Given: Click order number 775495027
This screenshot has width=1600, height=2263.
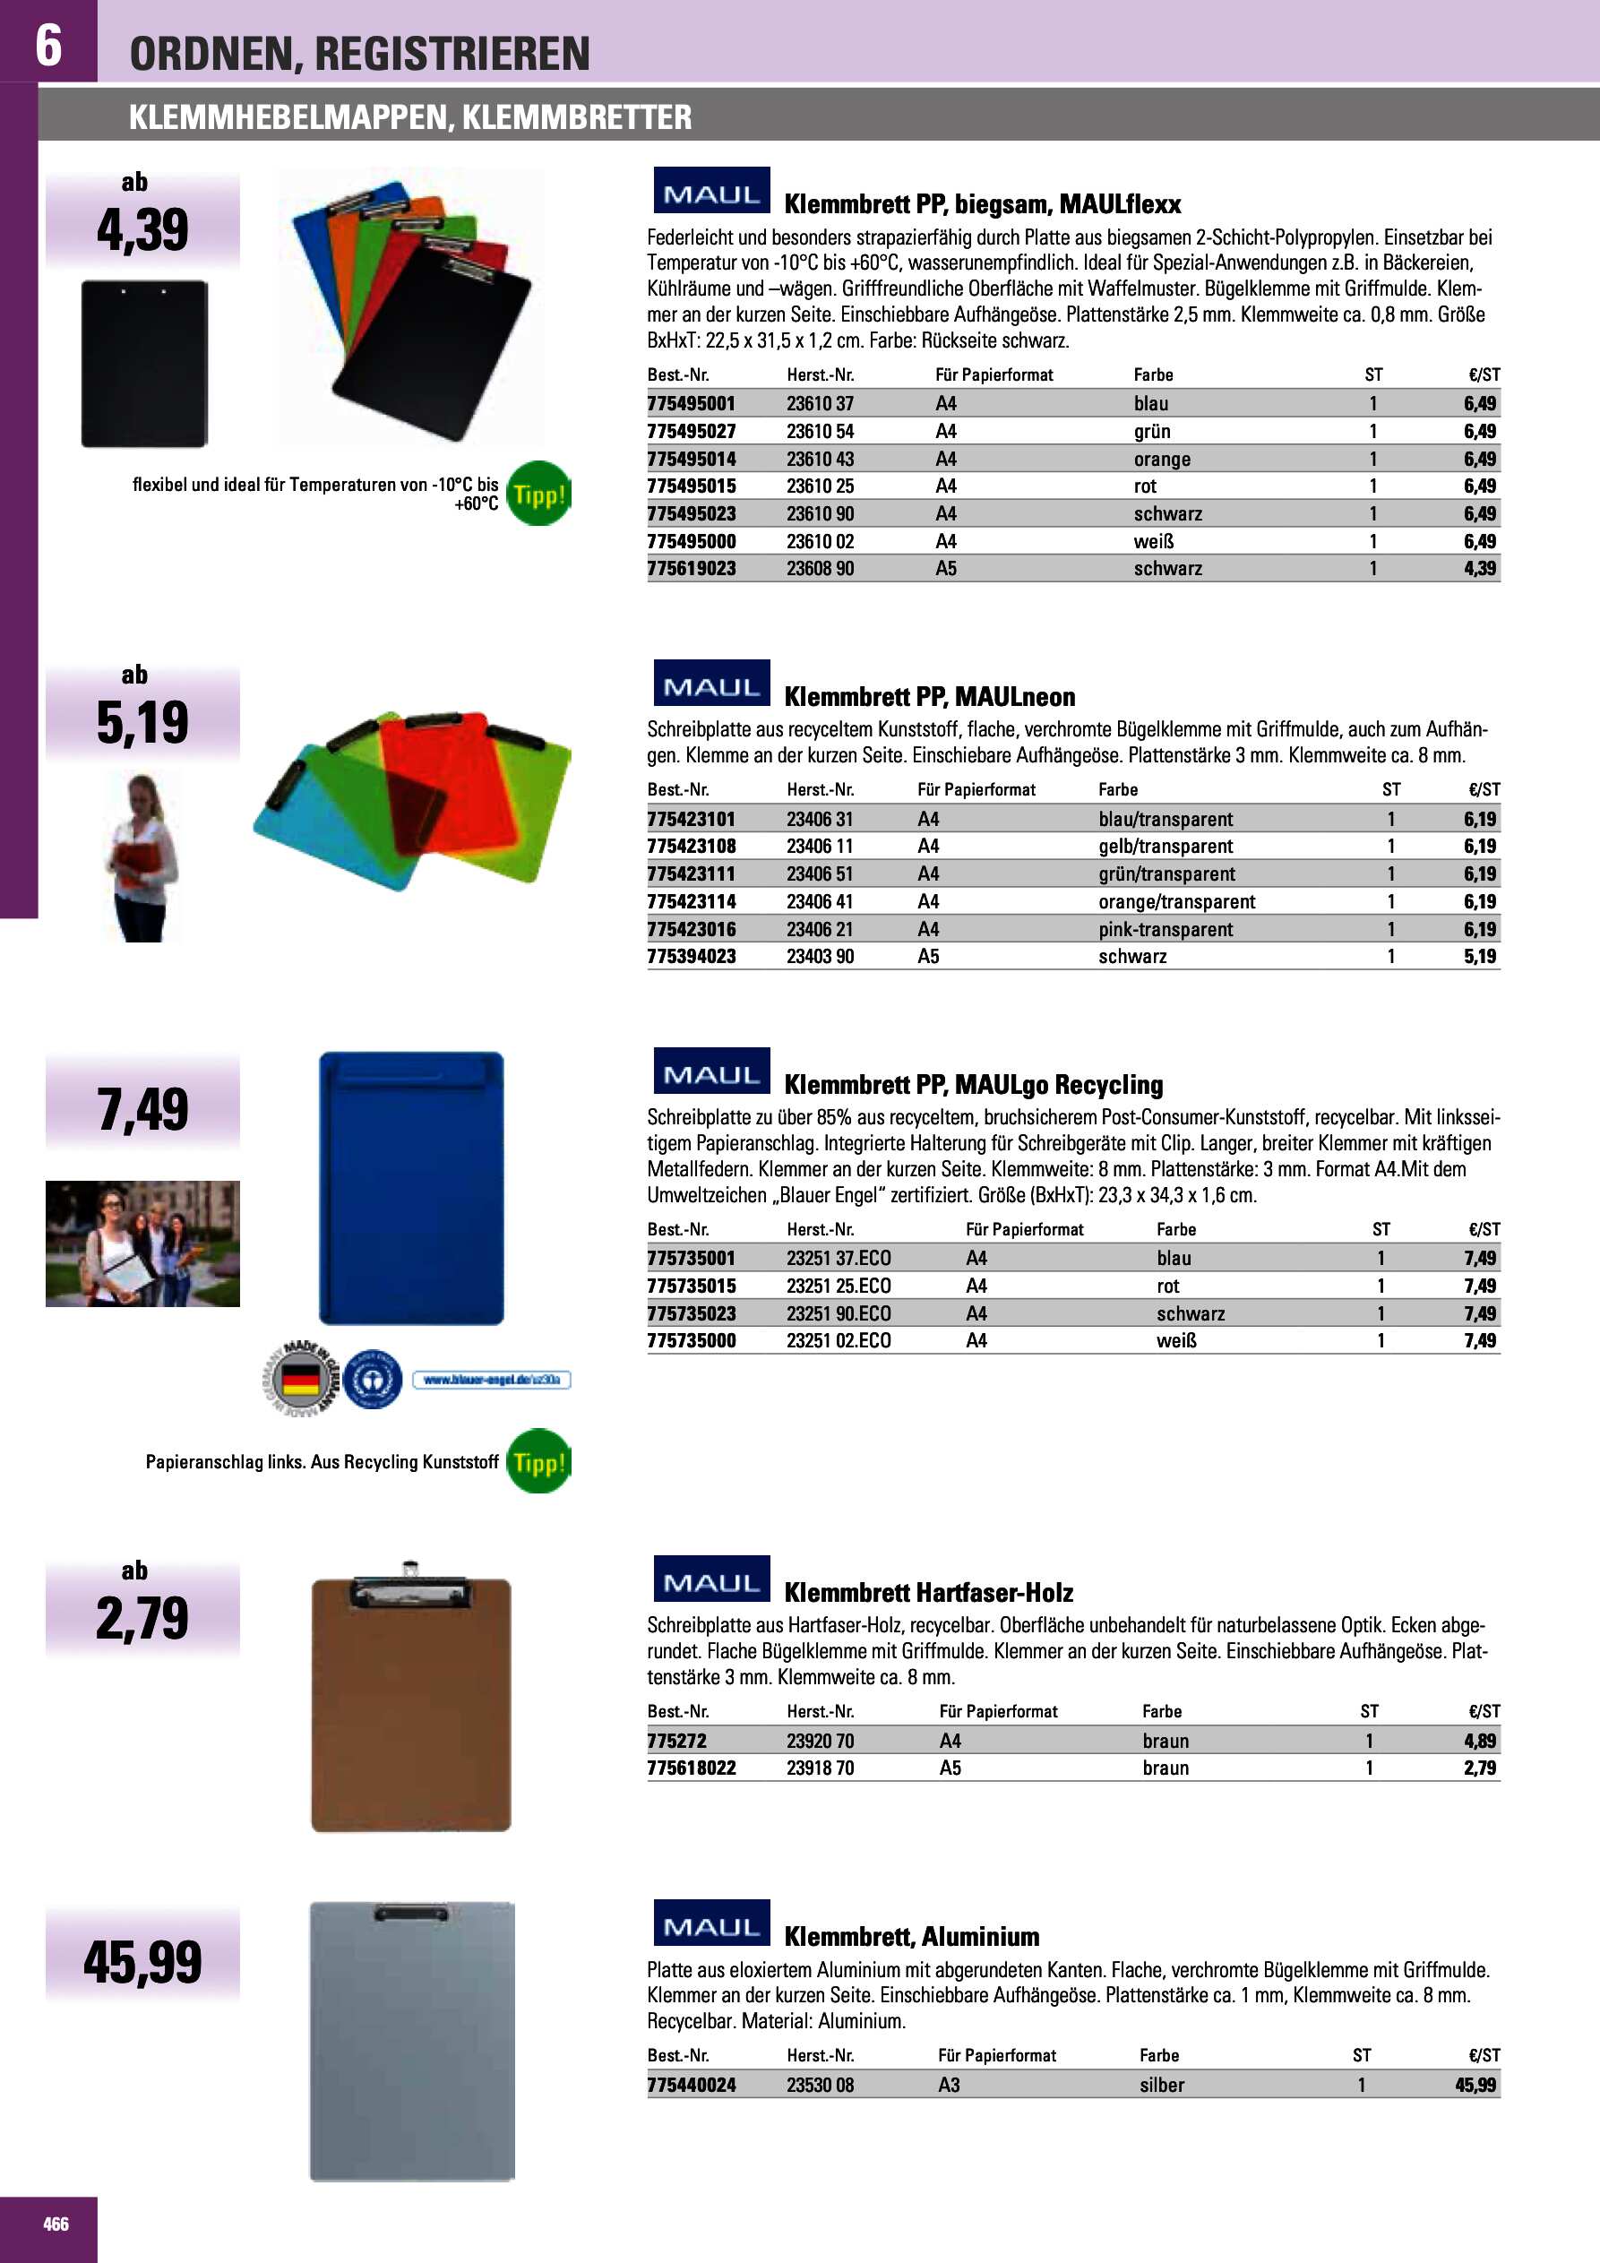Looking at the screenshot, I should [691, 432].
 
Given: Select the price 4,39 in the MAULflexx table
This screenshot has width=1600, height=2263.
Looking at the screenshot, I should [1479, 569].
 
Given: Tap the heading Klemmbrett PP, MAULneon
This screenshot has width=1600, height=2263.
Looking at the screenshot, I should [929, 697].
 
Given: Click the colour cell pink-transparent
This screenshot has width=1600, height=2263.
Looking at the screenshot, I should [1166, 929].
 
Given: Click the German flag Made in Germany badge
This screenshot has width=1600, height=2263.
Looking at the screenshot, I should [301, 1379].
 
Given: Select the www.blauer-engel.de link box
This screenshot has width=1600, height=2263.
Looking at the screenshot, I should [491, 1380].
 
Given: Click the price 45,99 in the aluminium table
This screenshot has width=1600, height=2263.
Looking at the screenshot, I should [1475, 2085].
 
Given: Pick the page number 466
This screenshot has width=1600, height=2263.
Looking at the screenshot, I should [56, 2224].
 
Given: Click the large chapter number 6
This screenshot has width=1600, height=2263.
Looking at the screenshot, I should [48, 45].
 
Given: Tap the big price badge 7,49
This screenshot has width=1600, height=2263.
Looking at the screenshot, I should [143, 1109].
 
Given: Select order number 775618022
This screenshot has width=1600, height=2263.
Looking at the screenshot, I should [691, 1768].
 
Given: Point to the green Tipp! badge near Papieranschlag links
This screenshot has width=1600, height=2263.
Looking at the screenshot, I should [538, 1460].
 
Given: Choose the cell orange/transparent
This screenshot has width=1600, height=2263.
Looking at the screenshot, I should [1176, 902].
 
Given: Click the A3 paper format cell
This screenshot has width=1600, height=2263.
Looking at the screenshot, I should [949, 2085].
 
